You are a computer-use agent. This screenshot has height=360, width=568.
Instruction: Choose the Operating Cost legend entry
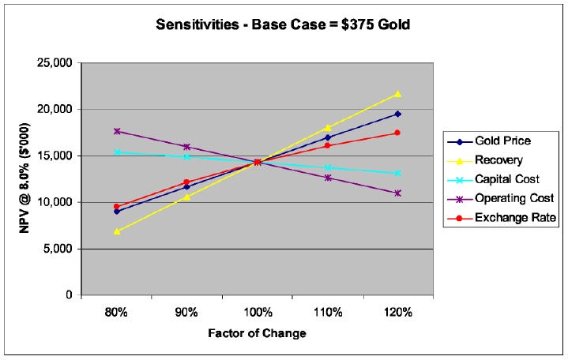click(501, 198)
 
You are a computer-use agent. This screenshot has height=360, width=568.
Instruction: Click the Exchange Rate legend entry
click(502, 218)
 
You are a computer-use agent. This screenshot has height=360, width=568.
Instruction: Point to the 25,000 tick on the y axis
click(55, 63)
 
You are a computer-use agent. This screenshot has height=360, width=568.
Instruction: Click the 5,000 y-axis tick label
click(58, 249)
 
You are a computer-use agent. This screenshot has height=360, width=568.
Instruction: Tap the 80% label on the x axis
click(116, 312)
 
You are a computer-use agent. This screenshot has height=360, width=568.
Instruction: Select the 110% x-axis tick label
click(328, 312)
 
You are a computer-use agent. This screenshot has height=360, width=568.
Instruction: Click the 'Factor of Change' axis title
click(258, 333)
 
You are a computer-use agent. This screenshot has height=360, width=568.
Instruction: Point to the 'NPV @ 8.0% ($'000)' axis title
click(24, 178)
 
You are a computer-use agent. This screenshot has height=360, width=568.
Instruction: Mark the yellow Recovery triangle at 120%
click(397, 94)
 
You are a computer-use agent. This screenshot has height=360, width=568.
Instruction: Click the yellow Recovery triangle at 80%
click(117, 231)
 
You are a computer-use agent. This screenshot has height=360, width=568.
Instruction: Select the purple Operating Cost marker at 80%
click(117, 131)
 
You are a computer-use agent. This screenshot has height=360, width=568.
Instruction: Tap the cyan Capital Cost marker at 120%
click(397, 173)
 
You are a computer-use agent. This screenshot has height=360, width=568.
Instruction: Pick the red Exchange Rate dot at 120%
click(397, 133)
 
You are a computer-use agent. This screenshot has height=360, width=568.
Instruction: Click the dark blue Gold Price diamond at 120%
click(397, 114)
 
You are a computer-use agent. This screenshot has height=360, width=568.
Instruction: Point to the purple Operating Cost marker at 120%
click(397, 193)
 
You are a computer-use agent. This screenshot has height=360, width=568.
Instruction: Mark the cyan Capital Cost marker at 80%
click(117, 152)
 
